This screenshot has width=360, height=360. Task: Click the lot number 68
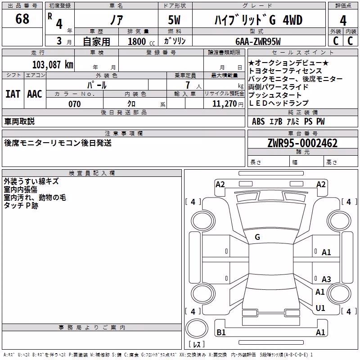22,18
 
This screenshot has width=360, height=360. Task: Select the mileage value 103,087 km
53,65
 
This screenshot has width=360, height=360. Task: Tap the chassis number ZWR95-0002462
302,143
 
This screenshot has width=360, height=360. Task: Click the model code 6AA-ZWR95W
258,41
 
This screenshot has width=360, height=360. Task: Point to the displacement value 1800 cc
141,41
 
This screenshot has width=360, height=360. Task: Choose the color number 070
74,104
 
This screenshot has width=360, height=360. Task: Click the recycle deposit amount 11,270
224,104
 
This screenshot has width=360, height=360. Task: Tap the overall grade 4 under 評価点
343,20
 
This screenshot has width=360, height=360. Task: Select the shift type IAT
13,94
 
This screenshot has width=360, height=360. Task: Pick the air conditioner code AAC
35,94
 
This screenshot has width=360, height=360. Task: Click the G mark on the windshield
257,237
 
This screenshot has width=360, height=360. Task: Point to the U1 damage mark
320,308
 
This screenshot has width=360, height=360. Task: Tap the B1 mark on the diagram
221,332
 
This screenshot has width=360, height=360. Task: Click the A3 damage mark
326,279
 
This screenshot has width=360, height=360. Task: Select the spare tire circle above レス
197,328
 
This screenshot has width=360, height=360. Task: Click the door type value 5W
174,20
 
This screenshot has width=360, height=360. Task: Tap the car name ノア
117,20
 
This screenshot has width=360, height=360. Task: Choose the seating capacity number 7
188,85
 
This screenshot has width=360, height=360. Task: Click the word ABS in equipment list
258,121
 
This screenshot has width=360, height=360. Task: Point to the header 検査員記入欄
92,173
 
